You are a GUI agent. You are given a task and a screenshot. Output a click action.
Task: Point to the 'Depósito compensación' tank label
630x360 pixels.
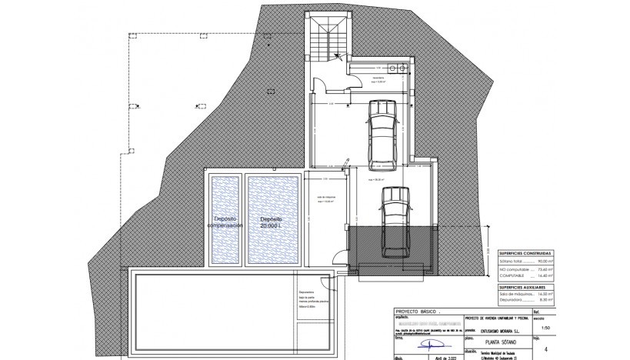point(225,222)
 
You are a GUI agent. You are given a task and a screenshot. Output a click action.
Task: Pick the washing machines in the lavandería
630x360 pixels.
point(398,68)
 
